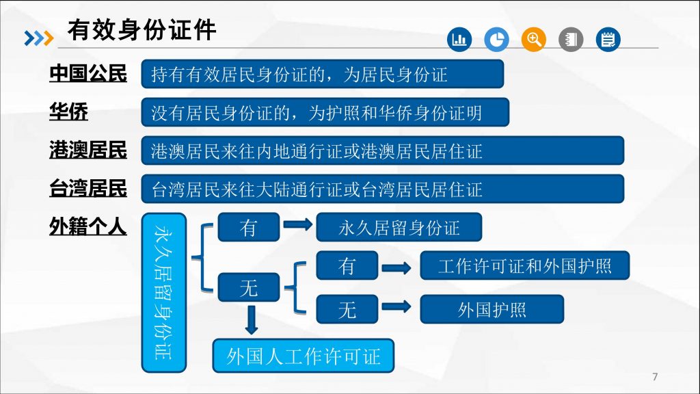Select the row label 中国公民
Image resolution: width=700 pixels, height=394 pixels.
point(88,73)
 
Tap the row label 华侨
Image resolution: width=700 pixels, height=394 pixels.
point(68,112)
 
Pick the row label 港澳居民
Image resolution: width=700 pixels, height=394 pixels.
point(88,150)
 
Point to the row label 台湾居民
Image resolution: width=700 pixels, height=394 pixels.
point(88,188)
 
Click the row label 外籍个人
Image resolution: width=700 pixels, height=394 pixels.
point(88,226)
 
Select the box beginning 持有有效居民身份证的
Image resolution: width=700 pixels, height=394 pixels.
point(322,74)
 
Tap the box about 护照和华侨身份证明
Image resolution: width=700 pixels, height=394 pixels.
point(325,112)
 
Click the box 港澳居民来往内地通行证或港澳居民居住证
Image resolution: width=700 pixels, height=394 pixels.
point(382,150)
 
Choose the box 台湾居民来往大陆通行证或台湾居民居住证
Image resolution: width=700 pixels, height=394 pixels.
point(382,189)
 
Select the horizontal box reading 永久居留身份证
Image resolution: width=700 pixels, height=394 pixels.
point(399,227)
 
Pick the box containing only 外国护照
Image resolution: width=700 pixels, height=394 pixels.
point(492,309)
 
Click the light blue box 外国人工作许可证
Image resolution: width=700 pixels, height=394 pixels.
point(304,356)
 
